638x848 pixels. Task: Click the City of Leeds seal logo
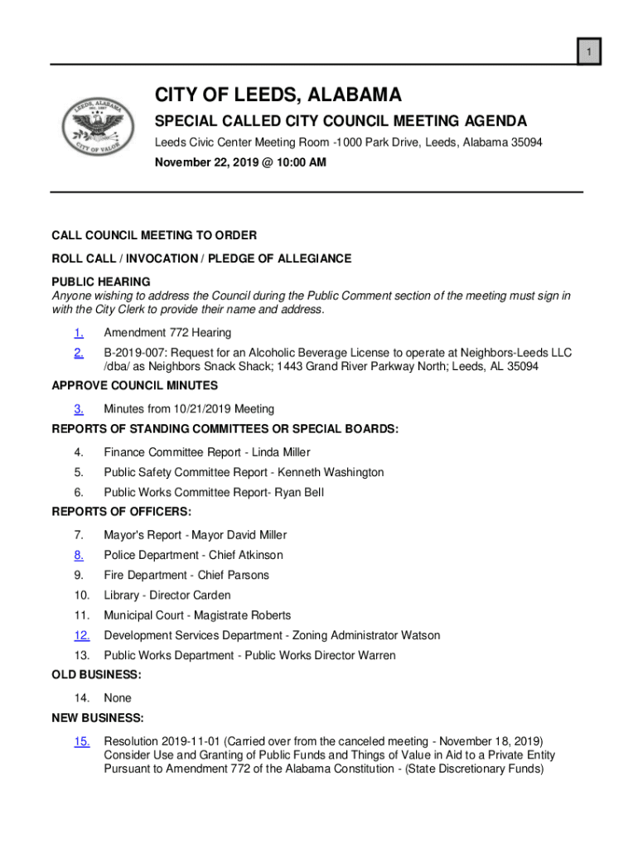click(x=98, y=127)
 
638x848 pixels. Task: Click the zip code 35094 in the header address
click(x=525, y=142)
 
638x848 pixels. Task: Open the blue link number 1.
click(x=79, y=333)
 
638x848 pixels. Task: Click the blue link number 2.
click(x=79, y=353)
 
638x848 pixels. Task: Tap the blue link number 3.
click(x=79, y=409)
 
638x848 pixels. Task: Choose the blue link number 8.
click(x=79, y=555)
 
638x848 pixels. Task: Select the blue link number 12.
click(x=81, y=635)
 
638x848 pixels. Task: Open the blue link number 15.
click(x=81, y=741)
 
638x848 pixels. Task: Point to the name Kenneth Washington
click(x=331, y=472)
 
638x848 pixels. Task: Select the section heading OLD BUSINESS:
click(x=96, y=675)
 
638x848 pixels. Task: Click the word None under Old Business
click(x=118, y=698)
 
